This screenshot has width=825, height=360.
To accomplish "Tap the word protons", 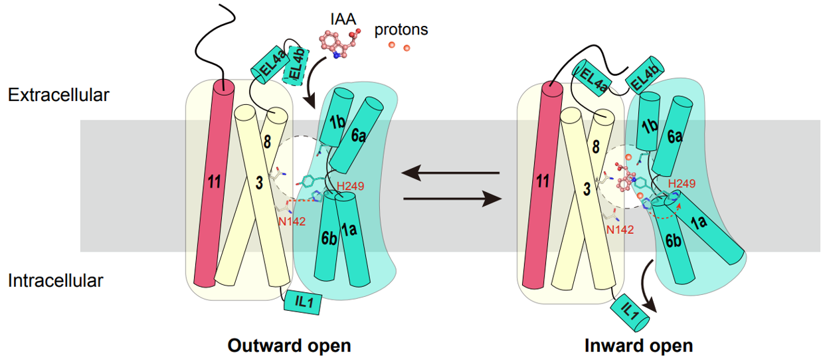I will (x=401, y=29).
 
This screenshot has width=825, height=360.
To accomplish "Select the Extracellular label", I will (x=58, y=95).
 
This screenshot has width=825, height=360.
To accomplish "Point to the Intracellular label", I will (x=56, y=280).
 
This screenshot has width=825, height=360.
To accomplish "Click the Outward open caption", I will (x=289, y=346).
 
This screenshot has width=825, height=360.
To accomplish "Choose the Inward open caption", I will (x=639, y=346).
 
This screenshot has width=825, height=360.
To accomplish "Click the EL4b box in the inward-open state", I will (x=641, y=78).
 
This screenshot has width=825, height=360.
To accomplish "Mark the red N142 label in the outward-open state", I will (x=291, y=221).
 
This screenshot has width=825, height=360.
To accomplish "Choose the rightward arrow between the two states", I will (x=452, y=198).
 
